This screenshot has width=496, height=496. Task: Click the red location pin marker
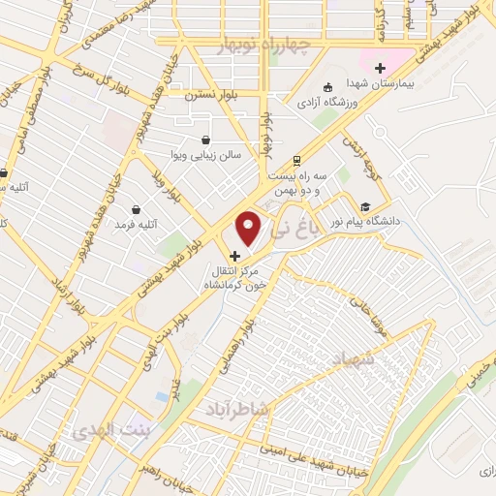(249, 228)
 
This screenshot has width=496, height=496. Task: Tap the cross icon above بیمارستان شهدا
(381, 69)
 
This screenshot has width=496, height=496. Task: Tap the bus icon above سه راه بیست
(295, 160)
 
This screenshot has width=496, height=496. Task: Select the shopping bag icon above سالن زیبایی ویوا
(205, 140)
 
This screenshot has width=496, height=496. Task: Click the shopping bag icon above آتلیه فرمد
(135, 209)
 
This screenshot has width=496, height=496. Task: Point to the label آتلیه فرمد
(136, 224)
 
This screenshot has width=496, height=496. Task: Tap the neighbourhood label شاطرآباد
(236, 411)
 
